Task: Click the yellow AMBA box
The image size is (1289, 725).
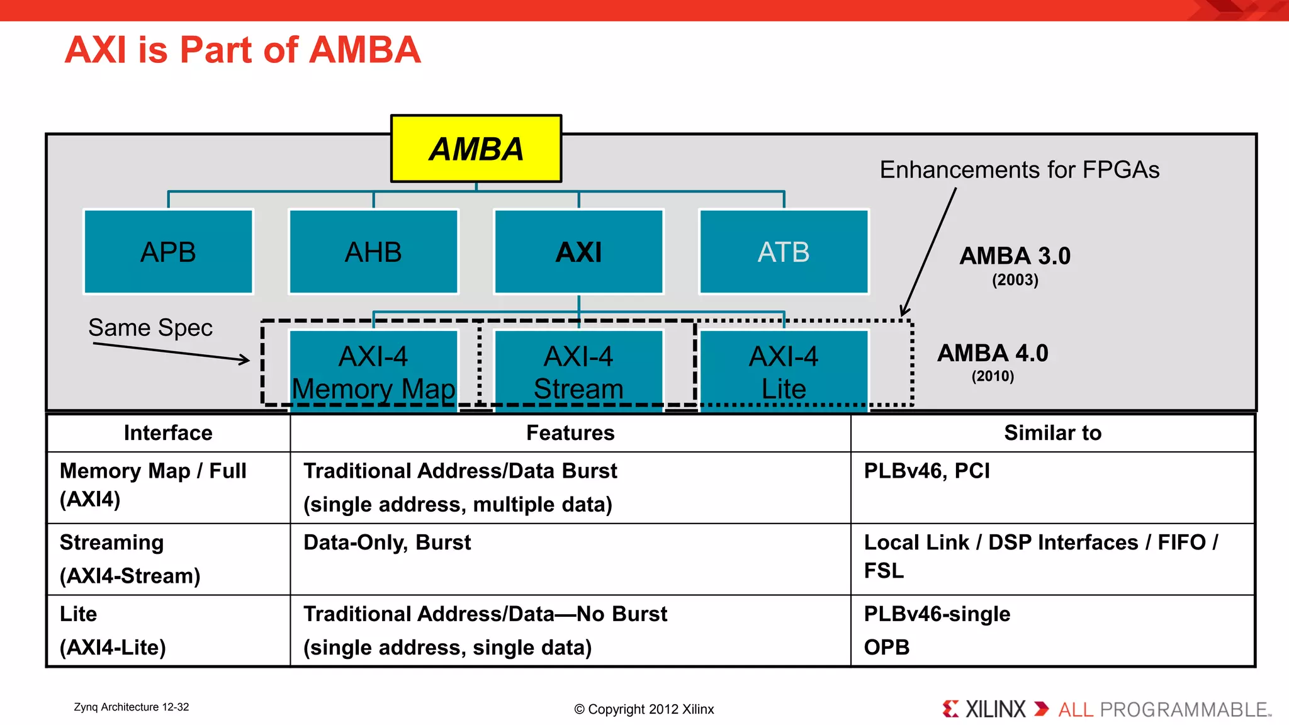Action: coord(476,149)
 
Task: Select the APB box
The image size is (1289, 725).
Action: coord(168,252)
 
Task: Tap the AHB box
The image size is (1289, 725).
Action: coord(373,252)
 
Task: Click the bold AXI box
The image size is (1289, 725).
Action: coord(578,252)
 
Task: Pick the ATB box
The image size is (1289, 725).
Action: coord(784,252)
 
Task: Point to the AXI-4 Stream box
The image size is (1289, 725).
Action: coord(578,372)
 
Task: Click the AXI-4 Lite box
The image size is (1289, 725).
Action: coord(784,372)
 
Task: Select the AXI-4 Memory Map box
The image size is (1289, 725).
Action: coord(373,372)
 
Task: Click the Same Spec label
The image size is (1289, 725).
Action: coord(150,328)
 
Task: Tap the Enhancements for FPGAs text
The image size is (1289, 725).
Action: coord(1019,170)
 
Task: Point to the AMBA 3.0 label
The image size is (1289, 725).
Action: coord(1015,256)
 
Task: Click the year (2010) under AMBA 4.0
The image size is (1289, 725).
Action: coord(993,376)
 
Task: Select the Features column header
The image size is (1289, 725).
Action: coord(570,433)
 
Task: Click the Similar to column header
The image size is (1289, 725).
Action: coord(1052,433)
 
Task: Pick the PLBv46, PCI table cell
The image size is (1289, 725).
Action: coord(926,471)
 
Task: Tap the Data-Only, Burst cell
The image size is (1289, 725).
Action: coord(387,542)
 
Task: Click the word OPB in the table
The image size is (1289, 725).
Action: coord(886,647)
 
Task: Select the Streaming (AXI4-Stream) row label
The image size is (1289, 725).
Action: coord(130,559)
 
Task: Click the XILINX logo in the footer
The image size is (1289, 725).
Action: coord(985,709)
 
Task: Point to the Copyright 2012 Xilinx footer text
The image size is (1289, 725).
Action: coord(644,709)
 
